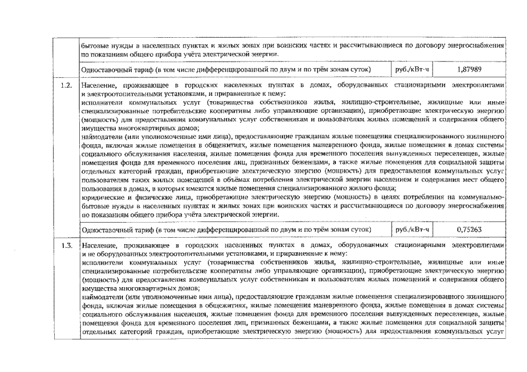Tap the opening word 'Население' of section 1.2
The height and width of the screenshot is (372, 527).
point(100,85)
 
